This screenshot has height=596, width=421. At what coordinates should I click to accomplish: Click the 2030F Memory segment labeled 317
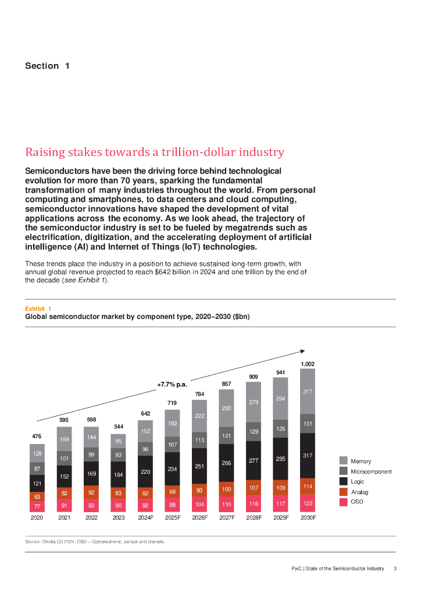[x=308, y=392]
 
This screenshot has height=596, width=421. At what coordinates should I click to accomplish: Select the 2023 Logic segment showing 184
[x=118, y=474]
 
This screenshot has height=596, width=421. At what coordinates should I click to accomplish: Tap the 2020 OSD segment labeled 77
[x=37, y=507]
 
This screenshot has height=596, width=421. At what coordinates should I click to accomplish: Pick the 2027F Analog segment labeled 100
[x=226, y=490]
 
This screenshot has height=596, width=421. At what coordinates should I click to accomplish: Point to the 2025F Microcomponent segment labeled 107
[x=172, y=444]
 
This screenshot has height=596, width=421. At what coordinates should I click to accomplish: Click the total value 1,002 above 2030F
[x=308, y=364]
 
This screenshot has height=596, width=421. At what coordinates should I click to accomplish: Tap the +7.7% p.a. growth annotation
[x=172, y=385]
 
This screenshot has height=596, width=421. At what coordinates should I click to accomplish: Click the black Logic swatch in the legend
[x=344, y=481]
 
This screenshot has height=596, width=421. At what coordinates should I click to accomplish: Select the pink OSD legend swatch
[x=344, y=502]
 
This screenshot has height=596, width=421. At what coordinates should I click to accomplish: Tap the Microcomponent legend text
[x=371, y=471]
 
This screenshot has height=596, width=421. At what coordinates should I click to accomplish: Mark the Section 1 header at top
[x=47, y=66]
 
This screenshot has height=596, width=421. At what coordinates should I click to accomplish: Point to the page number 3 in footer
[x=395, y=569]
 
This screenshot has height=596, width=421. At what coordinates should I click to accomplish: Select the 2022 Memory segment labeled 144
[x=91, y=437]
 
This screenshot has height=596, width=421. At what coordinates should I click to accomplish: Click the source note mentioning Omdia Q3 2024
[x=94, y=542]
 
